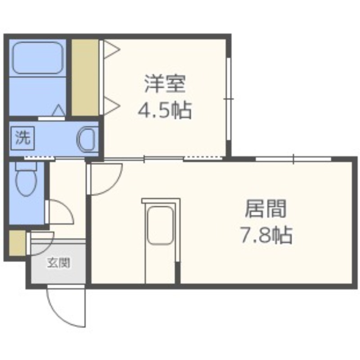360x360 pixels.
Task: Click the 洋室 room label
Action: point(165,84)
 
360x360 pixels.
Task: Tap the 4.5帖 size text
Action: point(164,110)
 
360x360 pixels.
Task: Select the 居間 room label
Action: point(265,208)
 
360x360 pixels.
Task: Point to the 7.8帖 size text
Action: point(266,234)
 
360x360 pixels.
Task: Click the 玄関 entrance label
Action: point(58,263)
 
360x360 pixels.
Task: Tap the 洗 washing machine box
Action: point(23,138)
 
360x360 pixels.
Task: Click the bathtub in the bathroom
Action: point(38,58)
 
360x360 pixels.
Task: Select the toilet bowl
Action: point(26,180)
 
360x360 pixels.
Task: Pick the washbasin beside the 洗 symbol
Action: point(86,139)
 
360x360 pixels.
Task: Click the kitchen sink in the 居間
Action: point(160,225)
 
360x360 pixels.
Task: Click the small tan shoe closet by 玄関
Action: point(18,243)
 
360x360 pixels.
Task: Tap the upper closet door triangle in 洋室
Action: point(112,49)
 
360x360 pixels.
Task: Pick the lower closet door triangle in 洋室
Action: point(112,106)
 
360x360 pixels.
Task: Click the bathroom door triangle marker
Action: point(59,110)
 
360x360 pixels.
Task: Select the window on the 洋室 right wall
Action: point(229,99)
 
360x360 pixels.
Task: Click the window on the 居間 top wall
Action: point(293,159)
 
